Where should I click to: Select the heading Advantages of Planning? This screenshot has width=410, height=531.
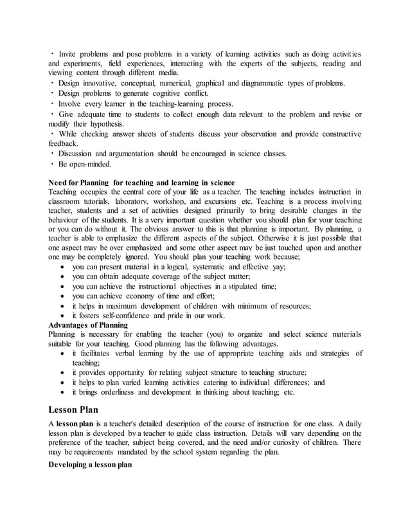click(x=88, y=325)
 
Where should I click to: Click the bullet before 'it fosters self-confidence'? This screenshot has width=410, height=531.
click(x=62, y=316)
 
